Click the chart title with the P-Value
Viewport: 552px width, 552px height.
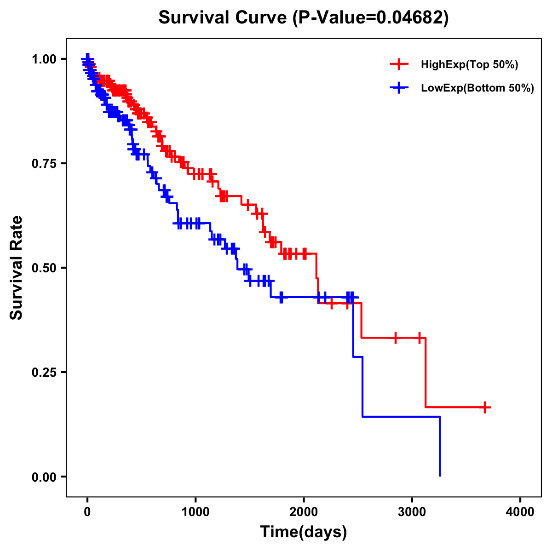[x=303, y=17]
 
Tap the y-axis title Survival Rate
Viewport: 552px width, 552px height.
[x=17, y=267]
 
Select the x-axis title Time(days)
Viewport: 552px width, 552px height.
[x=304, y=532]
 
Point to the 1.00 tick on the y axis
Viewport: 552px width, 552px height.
[x=44, y=59]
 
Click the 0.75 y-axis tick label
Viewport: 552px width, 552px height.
[x=44, y=163]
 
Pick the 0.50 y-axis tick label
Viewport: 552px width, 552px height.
[x=44, y=268]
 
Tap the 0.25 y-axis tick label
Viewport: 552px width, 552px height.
[x=44, y=372]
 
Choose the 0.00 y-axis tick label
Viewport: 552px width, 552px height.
[x=44, y=477]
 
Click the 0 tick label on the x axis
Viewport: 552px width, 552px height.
[x=87, y=512]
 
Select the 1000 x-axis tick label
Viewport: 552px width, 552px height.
[x=195, y=512]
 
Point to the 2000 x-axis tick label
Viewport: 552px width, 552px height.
[x=304, y=512]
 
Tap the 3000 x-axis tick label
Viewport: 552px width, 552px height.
[x=412, y=512]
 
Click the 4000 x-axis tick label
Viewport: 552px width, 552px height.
[x=520, y=512]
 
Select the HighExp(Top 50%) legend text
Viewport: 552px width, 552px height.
[x=470, y=65]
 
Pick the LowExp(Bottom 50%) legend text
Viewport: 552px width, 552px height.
[x=477, y=88]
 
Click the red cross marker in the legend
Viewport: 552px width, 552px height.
[x=399, y=65]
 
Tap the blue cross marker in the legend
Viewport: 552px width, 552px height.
[x=399, y=88]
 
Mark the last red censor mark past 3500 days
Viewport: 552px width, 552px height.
[x=485, y=407]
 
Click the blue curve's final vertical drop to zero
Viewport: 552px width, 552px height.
[x=440, y=446]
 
